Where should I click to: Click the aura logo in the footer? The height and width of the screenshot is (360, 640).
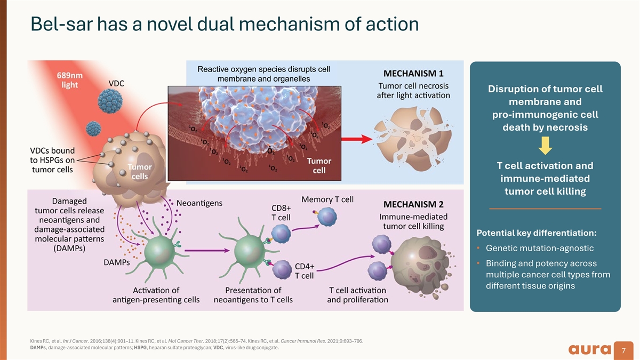(x=589, y=350)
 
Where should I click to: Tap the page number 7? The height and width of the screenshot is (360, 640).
(x=623, y=351)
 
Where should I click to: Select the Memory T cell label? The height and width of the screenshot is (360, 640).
(x=327, y=199)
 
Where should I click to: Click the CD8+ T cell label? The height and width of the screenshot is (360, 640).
(x=281, y=212)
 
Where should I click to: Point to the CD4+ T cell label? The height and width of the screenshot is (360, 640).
(x=305, y=270)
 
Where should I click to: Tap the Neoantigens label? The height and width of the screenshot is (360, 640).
(x=199, y=203)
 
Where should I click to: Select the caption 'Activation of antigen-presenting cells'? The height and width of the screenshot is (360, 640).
(x=156, y=295)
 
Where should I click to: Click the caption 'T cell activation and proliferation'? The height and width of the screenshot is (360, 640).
(x=357, y=295)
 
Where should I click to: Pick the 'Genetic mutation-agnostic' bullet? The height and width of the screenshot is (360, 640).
(x=540, y=249)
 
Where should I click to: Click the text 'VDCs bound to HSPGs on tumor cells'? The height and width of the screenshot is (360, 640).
(x=52, y=159)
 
